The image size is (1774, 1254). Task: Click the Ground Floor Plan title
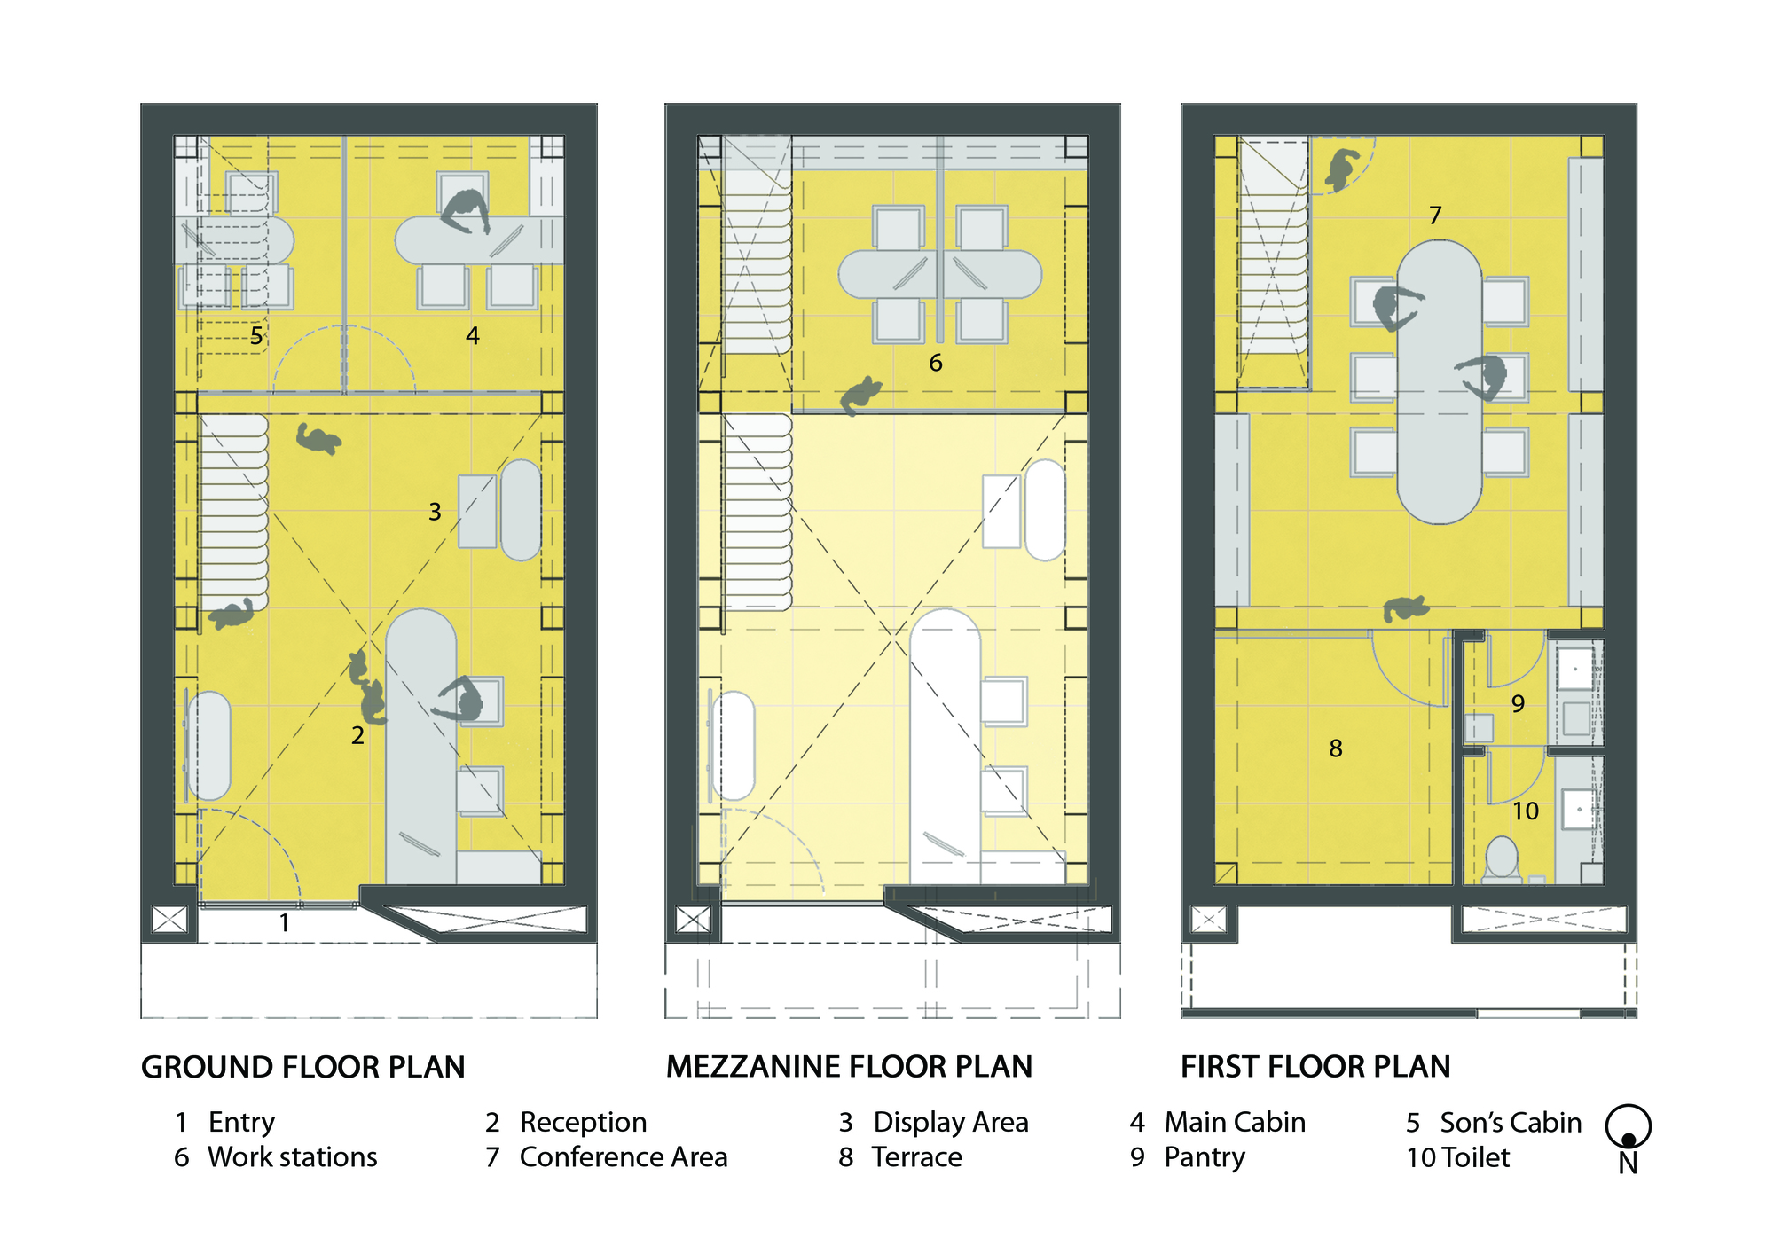(302, 1067)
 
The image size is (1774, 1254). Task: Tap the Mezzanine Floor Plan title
(849, 1067)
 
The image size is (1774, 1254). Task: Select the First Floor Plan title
(1315, 1067)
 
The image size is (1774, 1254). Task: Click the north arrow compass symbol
(1628, 1128)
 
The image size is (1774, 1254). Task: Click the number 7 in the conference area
(1435, 216)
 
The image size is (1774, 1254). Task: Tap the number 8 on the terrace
(1336, 749)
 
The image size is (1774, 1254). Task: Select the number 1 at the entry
(284, 923)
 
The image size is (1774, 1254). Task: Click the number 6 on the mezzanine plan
(935, 363)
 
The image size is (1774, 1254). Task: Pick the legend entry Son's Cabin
(1510, 1123)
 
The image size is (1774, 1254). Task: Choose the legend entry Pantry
(1204, 1157)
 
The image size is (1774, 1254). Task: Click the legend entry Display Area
(950, 1123)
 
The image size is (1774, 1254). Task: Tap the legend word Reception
(583, 1123)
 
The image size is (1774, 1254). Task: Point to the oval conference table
(1439, 381)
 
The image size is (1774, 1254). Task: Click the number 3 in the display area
(435, 512)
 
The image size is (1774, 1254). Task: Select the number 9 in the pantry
(1518, 704)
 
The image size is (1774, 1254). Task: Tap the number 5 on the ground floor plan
(256, 336)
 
